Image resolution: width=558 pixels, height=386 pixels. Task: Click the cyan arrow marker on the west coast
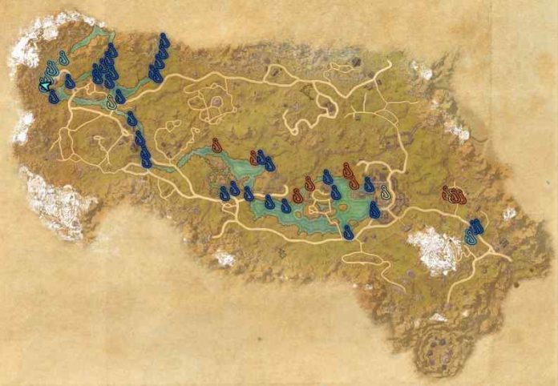pos(46,82)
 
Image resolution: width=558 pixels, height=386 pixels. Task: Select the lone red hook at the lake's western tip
pos(216,145)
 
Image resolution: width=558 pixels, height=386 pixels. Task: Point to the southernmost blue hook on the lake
pos(347,231)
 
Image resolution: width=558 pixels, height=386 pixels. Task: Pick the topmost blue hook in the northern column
pos(164,40)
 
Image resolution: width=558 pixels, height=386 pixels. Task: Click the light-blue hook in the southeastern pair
pos(471,238)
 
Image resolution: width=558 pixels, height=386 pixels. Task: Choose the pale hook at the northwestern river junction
pos(112,102)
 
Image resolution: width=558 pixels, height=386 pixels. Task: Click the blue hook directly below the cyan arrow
pos(53,97)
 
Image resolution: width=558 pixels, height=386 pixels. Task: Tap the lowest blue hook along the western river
pos(147,161)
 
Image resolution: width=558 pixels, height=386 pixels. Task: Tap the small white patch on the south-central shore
pos(224,258)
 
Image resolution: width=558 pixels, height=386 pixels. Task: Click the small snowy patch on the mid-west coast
pos(22,127)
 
